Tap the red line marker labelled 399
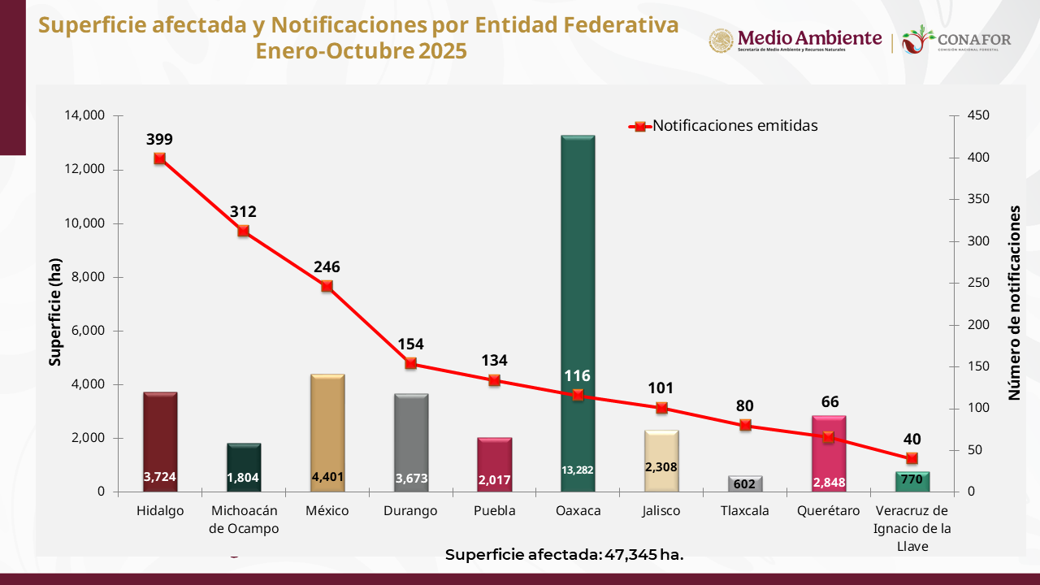coord(160,158)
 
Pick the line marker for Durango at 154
coord(410,363)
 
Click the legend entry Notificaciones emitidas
coord(734,126)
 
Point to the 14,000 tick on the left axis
coord(84,115)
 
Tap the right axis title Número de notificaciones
coord(1015,302)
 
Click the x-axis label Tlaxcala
coord(744,511)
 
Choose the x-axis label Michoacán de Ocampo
coord(244,519)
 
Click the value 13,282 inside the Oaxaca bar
coord(578,470)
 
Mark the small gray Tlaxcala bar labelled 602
coord(744,483)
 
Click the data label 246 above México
coord(327,266)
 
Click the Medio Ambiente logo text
coord(808,38)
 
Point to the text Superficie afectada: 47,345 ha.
coord(565,555)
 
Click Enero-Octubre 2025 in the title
coord(361,51)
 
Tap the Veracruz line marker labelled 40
coord(911,458)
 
